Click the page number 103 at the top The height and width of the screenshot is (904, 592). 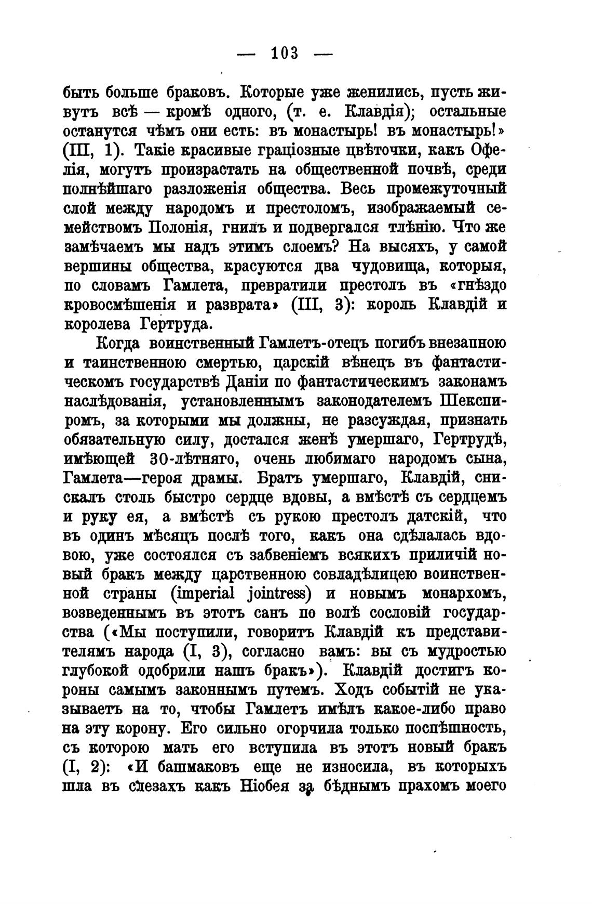(285, 53)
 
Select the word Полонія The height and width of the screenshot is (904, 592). (179, 228)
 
